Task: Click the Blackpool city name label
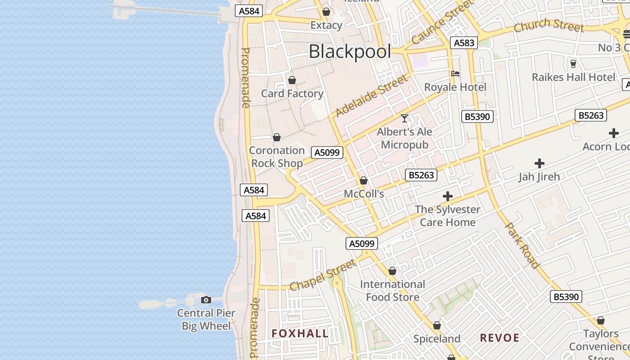(x=350, y=52)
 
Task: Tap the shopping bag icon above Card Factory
(x=292, y=81)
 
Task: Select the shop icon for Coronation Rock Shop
(x=277, y=137)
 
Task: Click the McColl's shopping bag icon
(x=364, y=181)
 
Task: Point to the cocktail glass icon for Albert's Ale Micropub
(x=405, y=118)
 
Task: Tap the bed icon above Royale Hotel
(x=455, y=74)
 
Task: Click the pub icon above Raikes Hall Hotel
(x=573, y=63)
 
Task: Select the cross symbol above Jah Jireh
(x=539, y=163)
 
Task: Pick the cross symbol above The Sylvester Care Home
(x=447, y=196)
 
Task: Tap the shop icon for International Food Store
(x=392, y=271)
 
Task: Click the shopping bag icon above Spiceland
(x=436, y=325)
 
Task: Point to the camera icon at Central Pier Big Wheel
(x=206, y=300)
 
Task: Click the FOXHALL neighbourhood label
(x=300, y=333)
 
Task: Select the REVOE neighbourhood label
(x=499, y=338)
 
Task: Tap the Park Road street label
(x=522, y=245)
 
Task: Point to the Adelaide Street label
(x=372, y=95)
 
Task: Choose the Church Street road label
(x=549, y=25)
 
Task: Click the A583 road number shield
(x=464, y=43)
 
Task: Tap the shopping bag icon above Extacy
(x=326, y=12)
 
